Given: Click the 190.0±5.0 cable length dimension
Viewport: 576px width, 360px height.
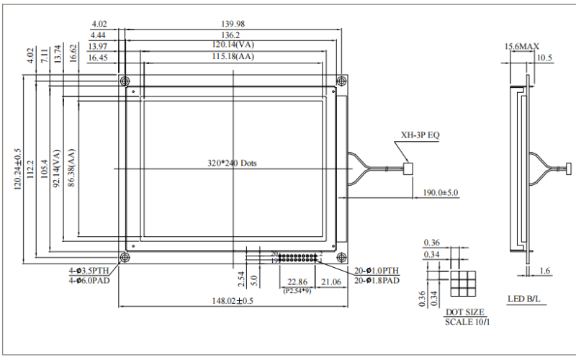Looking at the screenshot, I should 439,193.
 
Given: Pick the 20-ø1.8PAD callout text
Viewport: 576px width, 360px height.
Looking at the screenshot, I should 377,279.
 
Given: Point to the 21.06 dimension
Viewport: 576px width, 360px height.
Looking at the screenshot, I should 332,282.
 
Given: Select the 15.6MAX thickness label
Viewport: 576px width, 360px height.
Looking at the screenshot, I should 521,47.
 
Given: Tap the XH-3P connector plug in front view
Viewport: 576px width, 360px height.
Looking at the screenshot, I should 408,168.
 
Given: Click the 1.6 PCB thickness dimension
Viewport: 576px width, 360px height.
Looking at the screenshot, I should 544,271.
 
